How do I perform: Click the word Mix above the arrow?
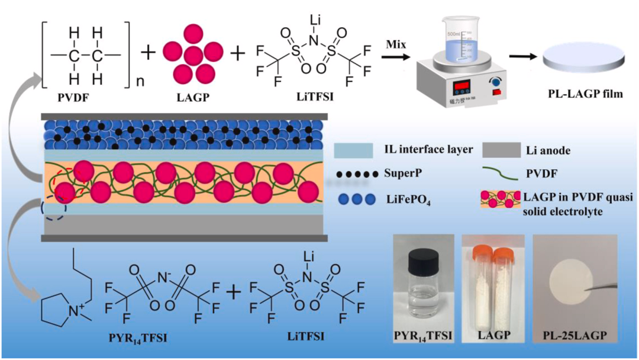(x=395, y=45)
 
